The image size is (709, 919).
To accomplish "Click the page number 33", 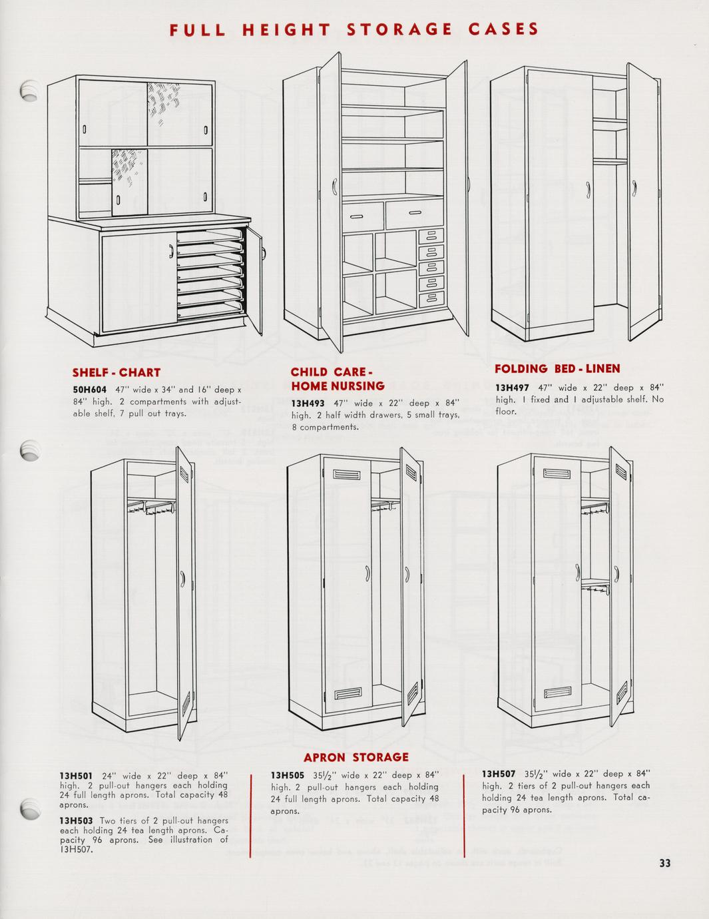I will [x=664, y=864].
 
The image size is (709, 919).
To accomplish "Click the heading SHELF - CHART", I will [x=116, y=372].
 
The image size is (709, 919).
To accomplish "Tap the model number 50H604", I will [x=90, y=390].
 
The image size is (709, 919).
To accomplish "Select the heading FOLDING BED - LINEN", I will [x=557, y=368].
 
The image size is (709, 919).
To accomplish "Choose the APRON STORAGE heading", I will [x=355, y=757].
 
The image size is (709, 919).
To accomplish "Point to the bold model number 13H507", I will [x=499, y=774].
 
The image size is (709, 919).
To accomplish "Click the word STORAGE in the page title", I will [x=399, y=29].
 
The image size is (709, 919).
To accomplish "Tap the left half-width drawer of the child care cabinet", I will [x=362, y=214].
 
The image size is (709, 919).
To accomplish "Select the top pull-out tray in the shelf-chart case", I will [x=206, y=235].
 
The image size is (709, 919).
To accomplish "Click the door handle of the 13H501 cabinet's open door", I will [x=182, y=577].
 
